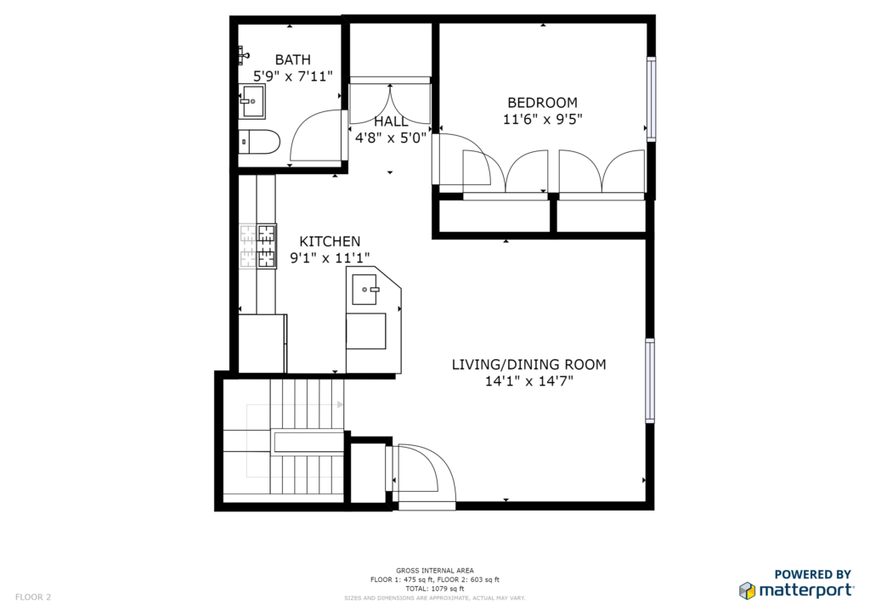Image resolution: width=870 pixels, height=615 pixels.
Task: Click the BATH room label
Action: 292,59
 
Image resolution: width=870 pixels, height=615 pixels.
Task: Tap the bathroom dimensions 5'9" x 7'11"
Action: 292,76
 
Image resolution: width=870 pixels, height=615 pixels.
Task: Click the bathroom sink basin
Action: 252,101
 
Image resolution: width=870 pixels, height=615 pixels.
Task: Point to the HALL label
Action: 391,121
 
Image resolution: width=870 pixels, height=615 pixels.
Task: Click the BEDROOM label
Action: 543,103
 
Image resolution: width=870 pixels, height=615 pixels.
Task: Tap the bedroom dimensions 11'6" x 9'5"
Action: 543,119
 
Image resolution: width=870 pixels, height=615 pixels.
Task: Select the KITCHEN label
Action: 330,241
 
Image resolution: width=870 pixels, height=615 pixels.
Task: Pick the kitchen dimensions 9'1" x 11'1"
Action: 330,258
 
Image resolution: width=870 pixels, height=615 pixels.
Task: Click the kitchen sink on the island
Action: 365,290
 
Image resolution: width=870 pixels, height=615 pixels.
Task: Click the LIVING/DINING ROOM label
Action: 528,364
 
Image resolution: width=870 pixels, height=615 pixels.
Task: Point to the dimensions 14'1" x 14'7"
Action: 528,381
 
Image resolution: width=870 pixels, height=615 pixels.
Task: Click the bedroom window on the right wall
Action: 651,99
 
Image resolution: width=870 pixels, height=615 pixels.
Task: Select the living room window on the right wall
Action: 650,381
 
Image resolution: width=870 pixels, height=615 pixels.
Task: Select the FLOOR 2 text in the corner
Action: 33,597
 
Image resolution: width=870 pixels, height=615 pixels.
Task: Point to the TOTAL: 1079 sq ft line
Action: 435,589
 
